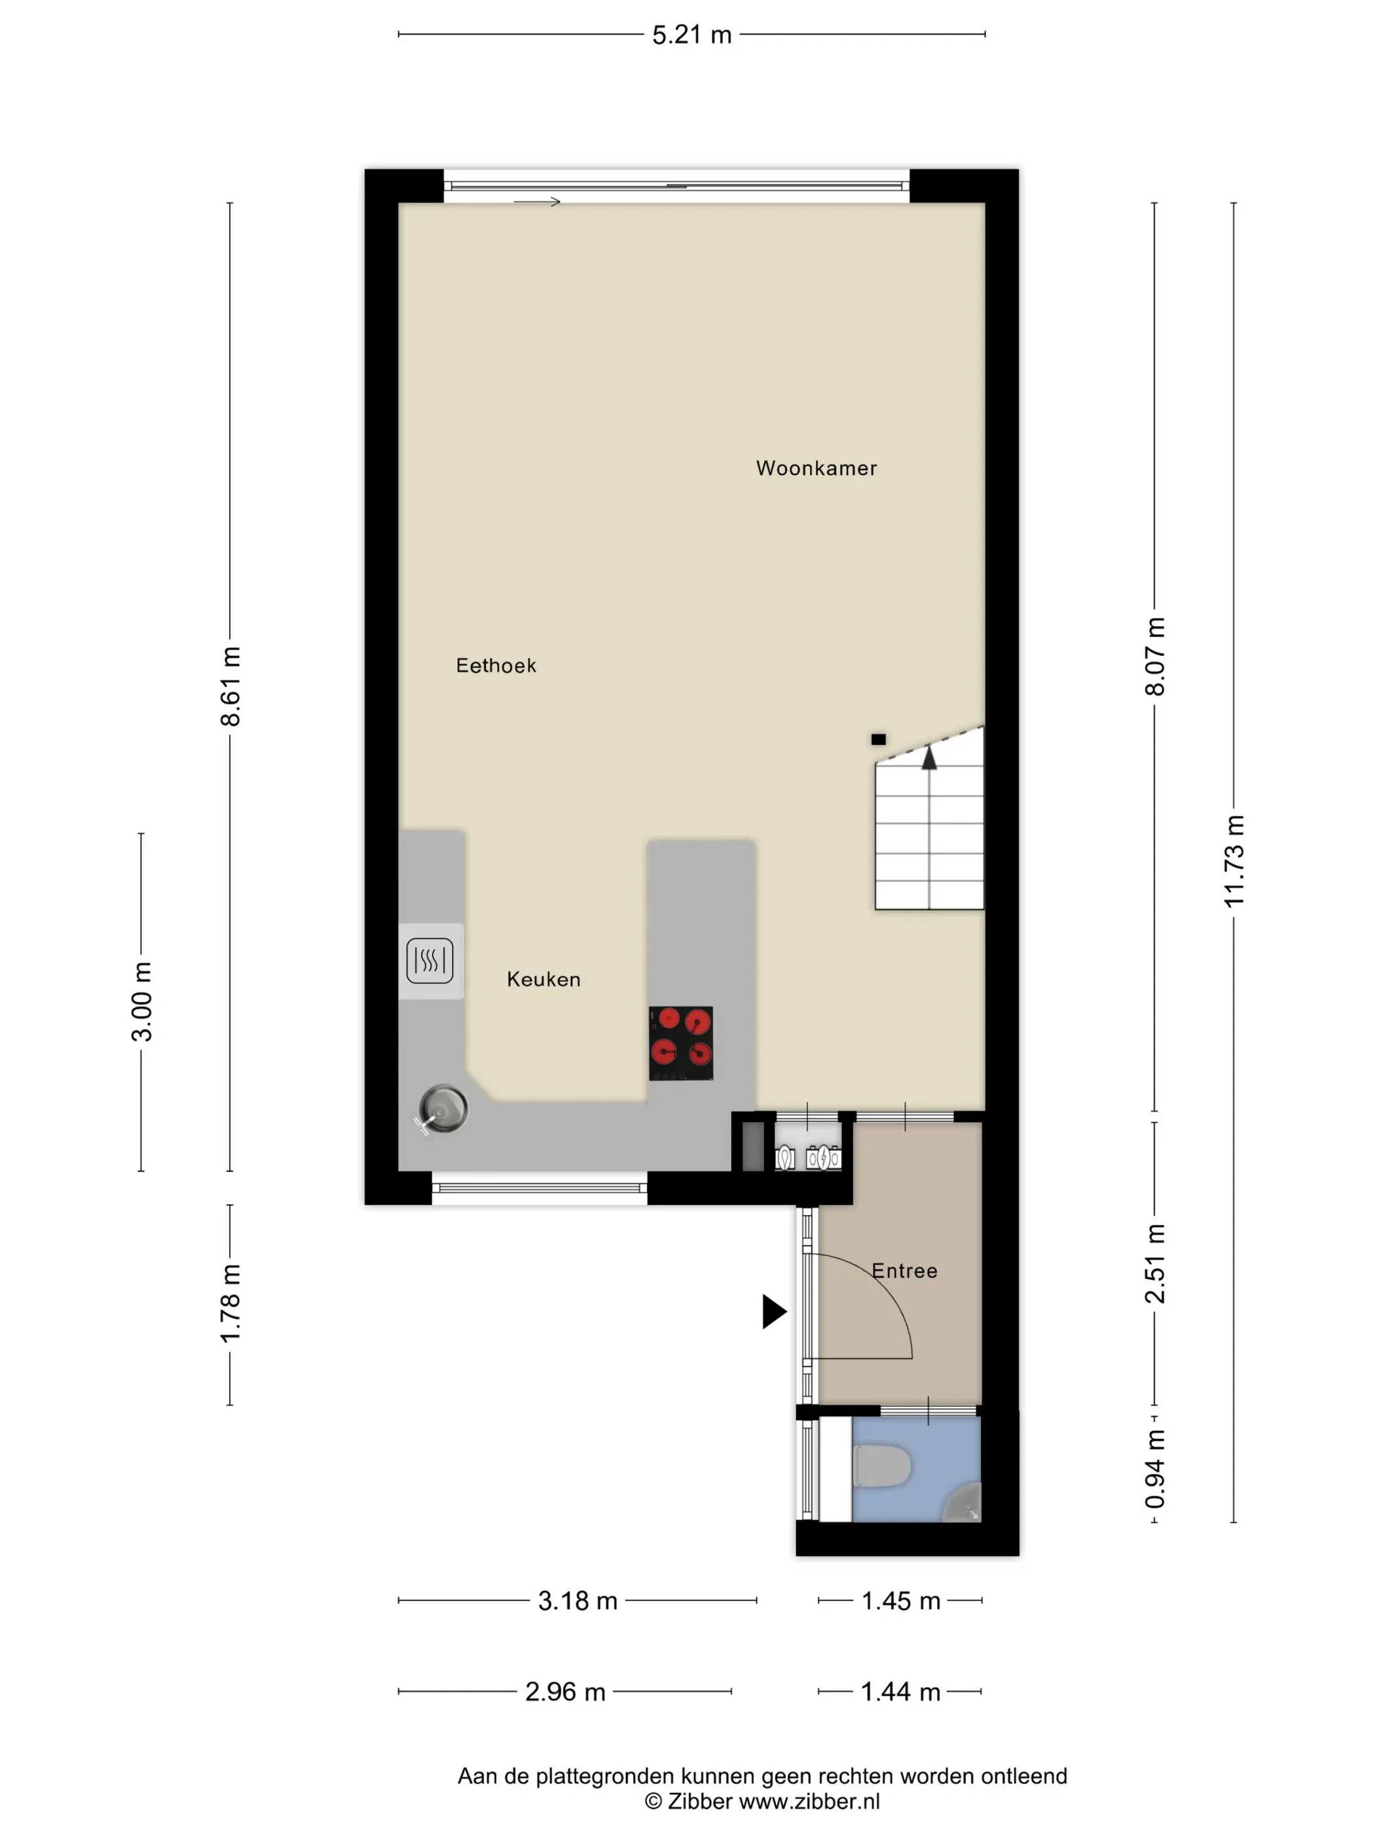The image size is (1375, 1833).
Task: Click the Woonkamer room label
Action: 816,468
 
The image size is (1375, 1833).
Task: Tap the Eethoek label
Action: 496,665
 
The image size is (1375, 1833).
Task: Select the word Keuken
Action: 543,979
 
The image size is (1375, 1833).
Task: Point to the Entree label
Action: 904,1271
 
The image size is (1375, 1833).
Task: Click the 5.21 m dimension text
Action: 691,35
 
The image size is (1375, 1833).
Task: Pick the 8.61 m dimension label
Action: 230,686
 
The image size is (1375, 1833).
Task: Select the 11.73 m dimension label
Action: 1234,861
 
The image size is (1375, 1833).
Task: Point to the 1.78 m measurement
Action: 230,1303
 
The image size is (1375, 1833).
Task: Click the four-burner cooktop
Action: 680,1044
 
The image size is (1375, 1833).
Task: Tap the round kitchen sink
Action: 443,1109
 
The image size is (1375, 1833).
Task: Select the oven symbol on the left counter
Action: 430,960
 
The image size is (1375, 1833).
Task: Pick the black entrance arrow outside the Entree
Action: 774,1311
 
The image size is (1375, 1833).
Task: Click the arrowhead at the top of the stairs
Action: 929,757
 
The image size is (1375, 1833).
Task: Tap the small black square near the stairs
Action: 879,739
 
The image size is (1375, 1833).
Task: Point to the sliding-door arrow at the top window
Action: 537,202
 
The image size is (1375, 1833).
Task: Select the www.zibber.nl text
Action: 809,1802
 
